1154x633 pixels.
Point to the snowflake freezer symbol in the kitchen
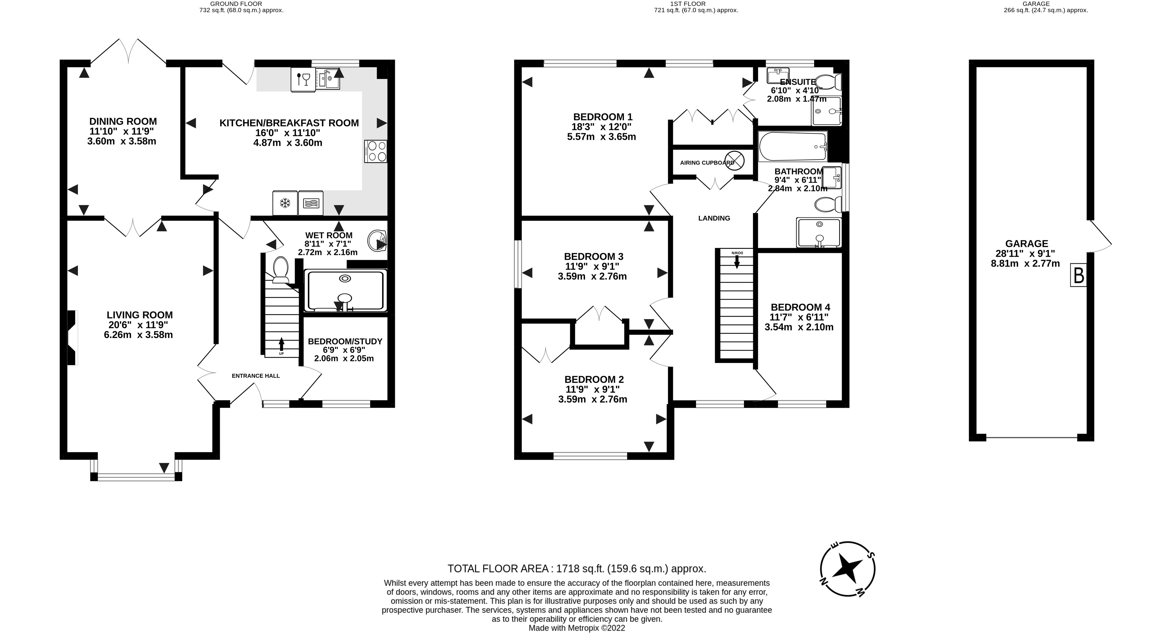coord(285,203)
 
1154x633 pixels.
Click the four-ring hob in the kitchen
coord(376,151)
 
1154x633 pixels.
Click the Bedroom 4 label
coord(800,307)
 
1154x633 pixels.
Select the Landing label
coord(714,218)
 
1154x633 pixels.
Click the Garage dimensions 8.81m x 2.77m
coord(1025,264)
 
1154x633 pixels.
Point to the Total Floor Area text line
coord(577,569)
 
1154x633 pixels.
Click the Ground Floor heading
coord(236,4)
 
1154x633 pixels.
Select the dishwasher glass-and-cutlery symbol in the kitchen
coord(303,80)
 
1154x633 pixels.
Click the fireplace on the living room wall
coord(72,337)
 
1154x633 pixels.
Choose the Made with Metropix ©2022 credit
coord(577,628)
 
